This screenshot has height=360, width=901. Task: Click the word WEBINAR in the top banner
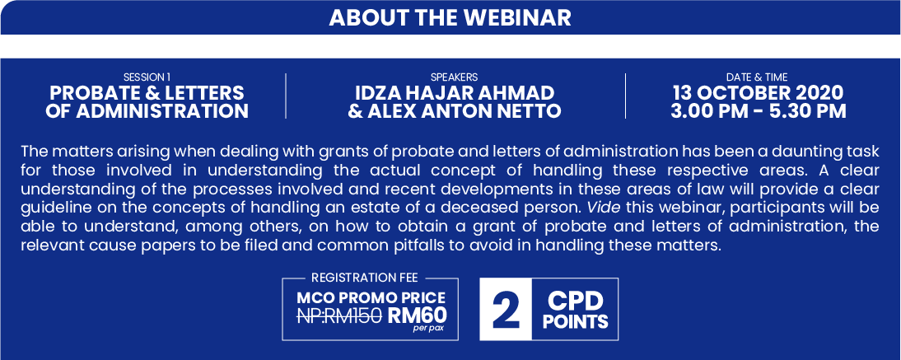point(517,18)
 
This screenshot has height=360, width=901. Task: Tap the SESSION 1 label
point(147,77)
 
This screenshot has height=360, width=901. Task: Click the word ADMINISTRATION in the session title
point(163,110)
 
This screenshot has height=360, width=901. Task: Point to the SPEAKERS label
point(454,77)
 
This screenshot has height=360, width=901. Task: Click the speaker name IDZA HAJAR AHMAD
point(455,92)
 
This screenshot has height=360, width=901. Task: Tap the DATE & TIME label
point(757,77)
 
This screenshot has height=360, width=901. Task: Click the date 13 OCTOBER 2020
point(759,92)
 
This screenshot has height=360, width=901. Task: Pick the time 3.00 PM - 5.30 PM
point(759,110)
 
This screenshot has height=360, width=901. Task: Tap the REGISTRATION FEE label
point(364,278)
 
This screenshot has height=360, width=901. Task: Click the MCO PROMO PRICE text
point(371,298)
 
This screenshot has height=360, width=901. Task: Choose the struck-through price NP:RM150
point(339,316)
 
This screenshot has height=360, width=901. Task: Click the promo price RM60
point(417,316)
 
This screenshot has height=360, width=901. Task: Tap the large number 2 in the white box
point(506,311)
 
